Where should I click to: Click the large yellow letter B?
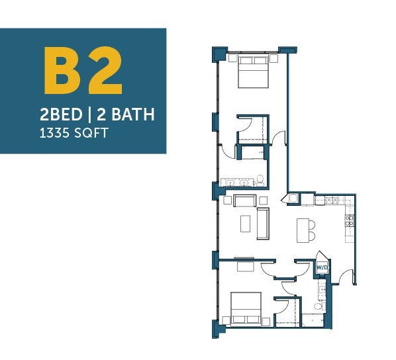(62, 70)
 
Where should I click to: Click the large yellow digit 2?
(105, 70)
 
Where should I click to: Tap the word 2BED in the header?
(61, 114)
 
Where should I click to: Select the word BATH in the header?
(133, 114)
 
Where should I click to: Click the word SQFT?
(91, 133)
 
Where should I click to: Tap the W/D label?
(322, 267)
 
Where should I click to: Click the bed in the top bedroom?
(254, 72)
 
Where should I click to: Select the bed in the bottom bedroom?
(246, 308)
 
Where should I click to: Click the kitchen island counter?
(303, 230)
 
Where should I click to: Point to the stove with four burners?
(350, 220)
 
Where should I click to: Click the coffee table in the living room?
(245, 224)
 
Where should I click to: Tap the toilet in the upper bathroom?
(260, 180)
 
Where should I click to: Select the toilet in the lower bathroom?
(319, 306)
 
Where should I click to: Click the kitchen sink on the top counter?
(332, 201)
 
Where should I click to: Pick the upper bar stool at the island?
(312, 225)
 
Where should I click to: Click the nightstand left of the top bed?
(232, 58)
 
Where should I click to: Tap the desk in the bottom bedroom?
(245, 267)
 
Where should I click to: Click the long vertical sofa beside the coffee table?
(263, 224)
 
